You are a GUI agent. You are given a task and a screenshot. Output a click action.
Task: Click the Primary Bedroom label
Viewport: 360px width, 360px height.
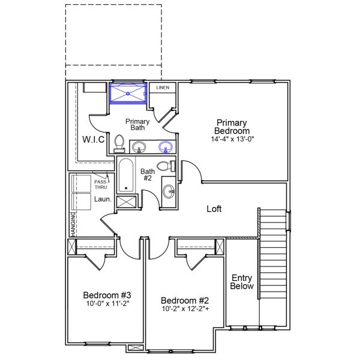pos(233,127)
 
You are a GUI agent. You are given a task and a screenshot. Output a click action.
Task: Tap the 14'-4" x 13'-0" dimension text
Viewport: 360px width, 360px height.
pos(233,139)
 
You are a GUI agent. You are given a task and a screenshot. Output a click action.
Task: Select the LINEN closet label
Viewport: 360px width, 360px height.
pos(163,88)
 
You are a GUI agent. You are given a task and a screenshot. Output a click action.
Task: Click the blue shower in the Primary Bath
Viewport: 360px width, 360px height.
pos(128,94)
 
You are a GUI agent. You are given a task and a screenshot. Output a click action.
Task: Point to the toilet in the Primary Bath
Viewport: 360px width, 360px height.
pos(119,144)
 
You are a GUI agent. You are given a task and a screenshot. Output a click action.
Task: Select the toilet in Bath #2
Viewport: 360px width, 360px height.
pos(164,166)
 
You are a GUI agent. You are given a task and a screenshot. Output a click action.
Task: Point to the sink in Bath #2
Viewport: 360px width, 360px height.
pos(169,192)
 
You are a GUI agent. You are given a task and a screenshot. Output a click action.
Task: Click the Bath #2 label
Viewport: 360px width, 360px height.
pos(148,175)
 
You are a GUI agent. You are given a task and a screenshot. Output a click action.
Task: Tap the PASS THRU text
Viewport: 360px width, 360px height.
pos(100,183)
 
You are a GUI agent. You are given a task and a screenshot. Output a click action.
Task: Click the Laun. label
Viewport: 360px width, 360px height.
pos(102,199)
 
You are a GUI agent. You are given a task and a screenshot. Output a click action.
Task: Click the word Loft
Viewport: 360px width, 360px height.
pos(214,209)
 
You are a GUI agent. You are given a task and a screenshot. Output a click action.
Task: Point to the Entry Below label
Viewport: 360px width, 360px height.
pos(242,282)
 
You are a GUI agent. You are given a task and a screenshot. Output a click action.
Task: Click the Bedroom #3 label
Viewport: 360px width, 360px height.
pos(107,295)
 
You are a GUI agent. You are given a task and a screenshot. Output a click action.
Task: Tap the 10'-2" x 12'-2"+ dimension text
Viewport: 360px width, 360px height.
pos(185,309)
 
